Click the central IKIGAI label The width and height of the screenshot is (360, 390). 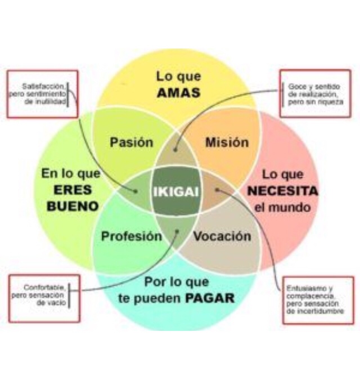pyautogui.click(x=175, y=192)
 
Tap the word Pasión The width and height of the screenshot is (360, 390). pyautogui.click(x=132, y=142)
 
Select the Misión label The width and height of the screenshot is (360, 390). pyautogui.click(x=227, y=142)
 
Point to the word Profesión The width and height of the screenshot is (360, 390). pyautogui.click(x=131, y=236)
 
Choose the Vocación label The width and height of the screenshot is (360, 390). pyautogui.click(x=222, y=236)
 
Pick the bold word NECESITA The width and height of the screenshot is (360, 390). pyautogui.click(x=282, y=191)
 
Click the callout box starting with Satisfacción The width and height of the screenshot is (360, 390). pyautogui.click(x=42, y=94)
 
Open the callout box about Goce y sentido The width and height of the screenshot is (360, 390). pyautogui.click(x=315, y=94)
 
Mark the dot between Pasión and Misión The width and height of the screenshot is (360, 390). pyautogui.click(x=176, y=150)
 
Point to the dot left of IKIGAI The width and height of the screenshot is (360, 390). pyautogui.click(x=136, y=191)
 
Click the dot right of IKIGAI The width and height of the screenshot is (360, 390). pyautogui.click(x=217, y=190)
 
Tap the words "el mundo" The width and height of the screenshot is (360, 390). pyautogui.click(x=282, y=207)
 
